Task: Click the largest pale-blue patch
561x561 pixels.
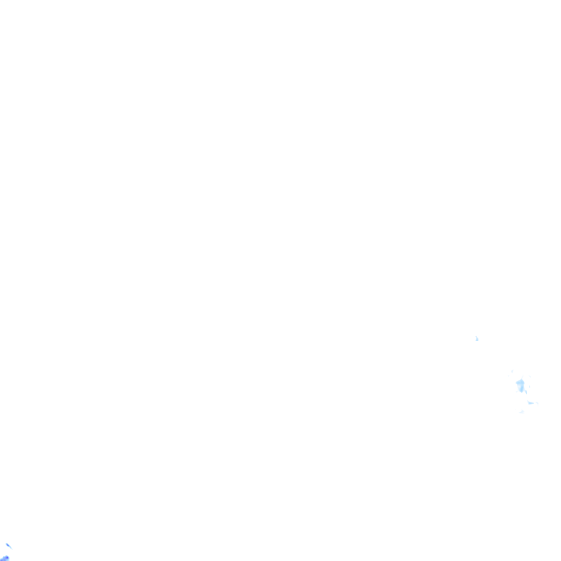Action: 520,384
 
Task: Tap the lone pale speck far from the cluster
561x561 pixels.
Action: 477,339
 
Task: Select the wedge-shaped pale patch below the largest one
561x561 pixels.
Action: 531,402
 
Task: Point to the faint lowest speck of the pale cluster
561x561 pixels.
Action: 522,412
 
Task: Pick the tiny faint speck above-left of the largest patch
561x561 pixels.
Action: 512,371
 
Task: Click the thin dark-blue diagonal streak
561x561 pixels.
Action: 8,545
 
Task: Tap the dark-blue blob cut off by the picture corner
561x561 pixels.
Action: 4,558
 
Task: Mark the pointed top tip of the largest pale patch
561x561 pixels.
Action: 522,378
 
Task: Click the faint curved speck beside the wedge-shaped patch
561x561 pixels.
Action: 538,403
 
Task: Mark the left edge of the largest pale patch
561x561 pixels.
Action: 516,383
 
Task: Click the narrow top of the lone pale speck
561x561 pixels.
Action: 477,337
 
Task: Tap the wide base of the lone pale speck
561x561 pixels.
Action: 477,340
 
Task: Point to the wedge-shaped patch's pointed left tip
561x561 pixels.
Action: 528,402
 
